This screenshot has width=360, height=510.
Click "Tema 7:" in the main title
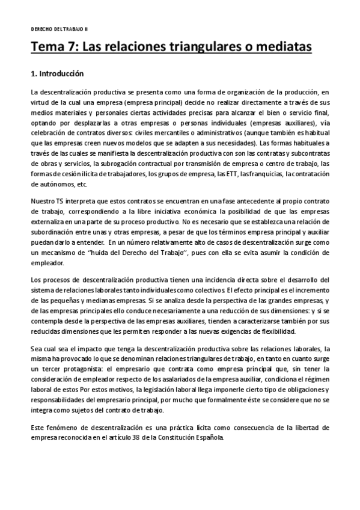pyautogui.click(x=54, y=47)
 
